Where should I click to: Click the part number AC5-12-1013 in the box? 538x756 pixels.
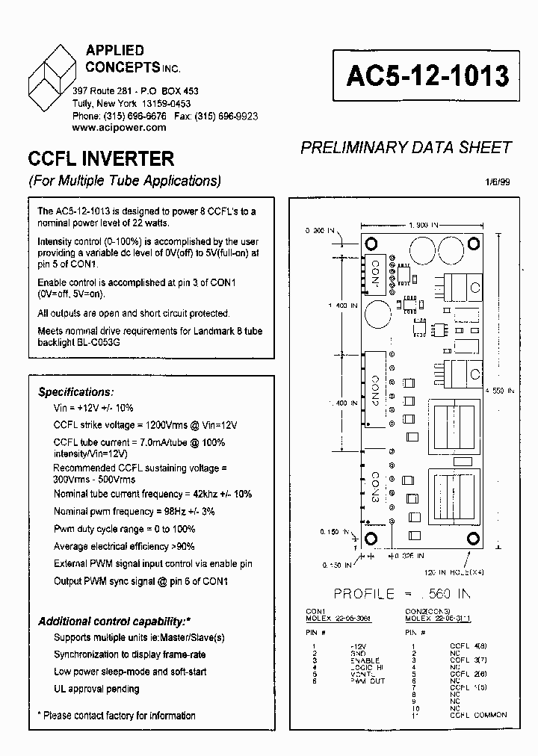tap(427, 76)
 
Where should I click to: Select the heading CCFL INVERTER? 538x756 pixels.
tap(101, 159)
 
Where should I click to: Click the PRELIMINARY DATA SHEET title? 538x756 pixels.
tap(406, 147)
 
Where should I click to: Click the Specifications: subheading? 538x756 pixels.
tap(76, 392)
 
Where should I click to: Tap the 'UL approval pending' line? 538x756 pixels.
tap(96, 689)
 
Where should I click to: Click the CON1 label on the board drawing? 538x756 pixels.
tap(375, 273)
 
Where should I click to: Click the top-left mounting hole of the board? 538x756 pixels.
tap(370, 243)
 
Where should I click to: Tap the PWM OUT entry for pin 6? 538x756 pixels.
tap(366, 681)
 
